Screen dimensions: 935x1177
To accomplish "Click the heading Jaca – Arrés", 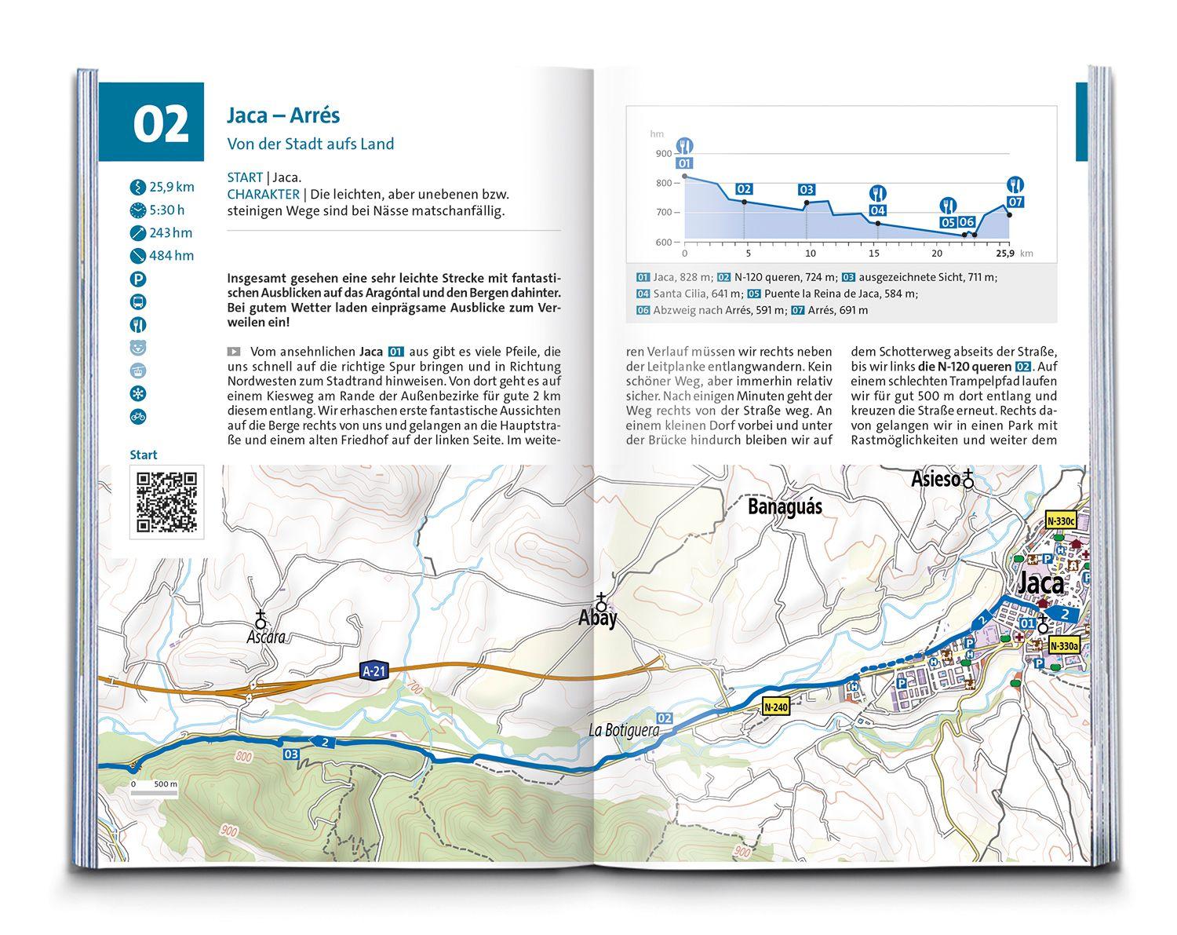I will [282, 115].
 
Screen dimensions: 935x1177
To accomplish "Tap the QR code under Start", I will [166, 501].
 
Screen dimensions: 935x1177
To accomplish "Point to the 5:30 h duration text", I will [166, 210].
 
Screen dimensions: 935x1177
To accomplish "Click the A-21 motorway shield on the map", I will [374, 670].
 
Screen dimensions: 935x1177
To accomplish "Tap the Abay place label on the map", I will [598, 618].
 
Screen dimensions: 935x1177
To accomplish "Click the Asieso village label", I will [936, 478].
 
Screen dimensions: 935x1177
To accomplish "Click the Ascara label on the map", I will [264, 637].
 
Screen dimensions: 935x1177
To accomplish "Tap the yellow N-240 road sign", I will [774, 707].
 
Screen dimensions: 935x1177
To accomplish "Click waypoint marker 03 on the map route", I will [291, 754].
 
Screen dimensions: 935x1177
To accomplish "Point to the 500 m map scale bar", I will [155, 793].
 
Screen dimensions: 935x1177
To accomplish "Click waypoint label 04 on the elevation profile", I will [877, 210].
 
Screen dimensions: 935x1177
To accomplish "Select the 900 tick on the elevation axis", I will [663, 154].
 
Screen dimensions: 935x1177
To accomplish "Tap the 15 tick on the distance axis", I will [874, 254].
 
